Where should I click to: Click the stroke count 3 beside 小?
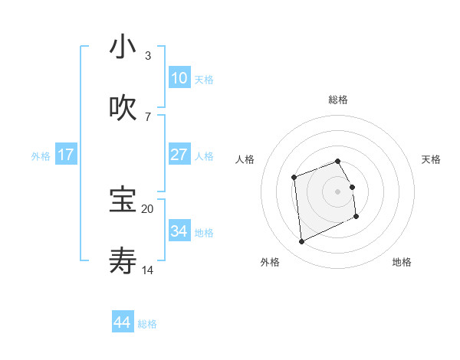[x=147, y=56]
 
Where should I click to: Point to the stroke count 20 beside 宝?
[x=147, y=208]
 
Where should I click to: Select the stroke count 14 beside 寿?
[x=147, y=270]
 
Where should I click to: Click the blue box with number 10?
[x=179, y=78]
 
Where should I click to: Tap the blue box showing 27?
[x=179, y=155]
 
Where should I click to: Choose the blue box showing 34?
[x=179, y=231]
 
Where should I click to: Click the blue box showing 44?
[x=123, y=322]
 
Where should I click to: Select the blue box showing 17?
[x=65, y=155]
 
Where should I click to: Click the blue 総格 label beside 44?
[x=147, y=324]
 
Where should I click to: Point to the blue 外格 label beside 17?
[x=41, y=155]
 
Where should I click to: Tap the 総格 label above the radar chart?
[x=337, y=100]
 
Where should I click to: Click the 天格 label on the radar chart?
[x=431, y=159]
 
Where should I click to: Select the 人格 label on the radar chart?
[x=245, y=159]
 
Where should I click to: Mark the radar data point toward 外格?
[x=302, y=242]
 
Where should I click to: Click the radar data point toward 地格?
[x=356, y=218]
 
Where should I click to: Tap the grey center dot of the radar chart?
[x=337, y=191]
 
